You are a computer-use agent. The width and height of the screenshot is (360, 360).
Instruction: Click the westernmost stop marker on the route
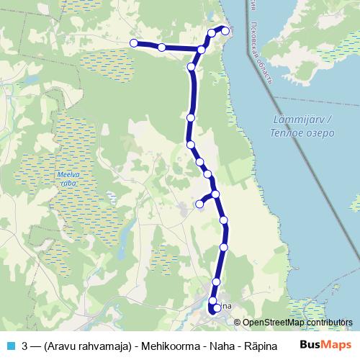click(x=133, y=43)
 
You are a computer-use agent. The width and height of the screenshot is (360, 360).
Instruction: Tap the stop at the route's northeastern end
click(x=225, y=30)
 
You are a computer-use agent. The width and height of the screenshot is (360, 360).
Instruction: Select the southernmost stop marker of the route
click(x=217, y=309)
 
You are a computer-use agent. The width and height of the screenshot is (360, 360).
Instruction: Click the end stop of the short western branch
click(x=200, y=204)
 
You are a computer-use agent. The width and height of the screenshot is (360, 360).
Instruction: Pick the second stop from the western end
click(x=162, y=48)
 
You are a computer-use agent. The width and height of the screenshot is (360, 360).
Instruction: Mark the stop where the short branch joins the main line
click(x=215, y=194)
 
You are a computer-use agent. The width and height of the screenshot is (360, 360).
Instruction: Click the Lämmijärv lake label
click(x=302, y=120)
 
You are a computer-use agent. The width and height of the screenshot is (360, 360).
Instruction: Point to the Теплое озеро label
click(x=302, y=133)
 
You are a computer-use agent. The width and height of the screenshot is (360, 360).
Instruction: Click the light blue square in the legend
click(x=10, y=344)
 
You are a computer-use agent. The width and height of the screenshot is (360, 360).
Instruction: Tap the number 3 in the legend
click(x=25, y=344)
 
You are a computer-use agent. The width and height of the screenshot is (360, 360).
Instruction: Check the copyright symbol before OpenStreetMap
click(x=238, y=323)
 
